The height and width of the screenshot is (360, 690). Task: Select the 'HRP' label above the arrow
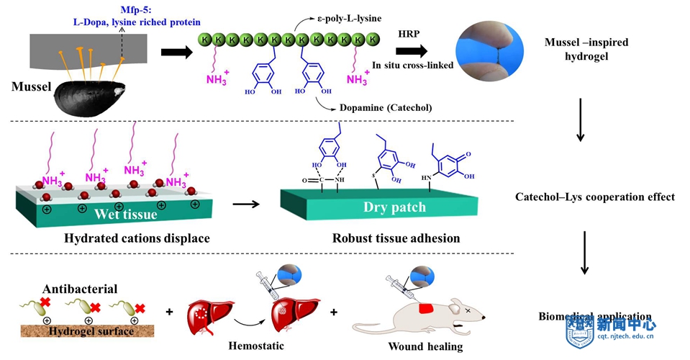click(409, 34)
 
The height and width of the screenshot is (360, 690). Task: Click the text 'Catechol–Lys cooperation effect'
click(595, 197)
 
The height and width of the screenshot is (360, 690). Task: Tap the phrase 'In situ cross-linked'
click(412, 65)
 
